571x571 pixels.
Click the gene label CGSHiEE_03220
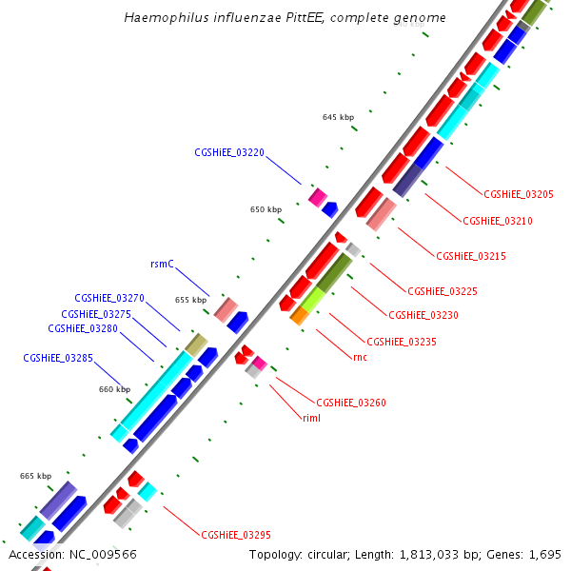coord(229,152)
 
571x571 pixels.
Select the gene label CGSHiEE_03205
coord(519,194)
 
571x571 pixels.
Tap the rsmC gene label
coord(163,264)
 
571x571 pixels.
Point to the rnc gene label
coord(360,357)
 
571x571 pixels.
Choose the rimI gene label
coord(311,418)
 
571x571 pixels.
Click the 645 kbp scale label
coord(338,117)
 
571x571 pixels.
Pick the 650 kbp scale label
coord(266,209)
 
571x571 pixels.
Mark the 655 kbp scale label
coord(190,300)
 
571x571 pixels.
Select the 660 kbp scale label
coord(114,389)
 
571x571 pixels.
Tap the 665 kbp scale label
coord(35,476)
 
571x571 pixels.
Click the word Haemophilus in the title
coord(161,18)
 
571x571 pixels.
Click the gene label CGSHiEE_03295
coord(236,535)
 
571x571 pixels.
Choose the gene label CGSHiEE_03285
coord(58,359)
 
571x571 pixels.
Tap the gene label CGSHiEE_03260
coord(351,403)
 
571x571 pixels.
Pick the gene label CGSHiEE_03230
coord(423,315)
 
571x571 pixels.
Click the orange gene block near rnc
coord(299,316)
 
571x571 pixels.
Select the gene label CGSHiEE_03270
coord(109,298)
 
